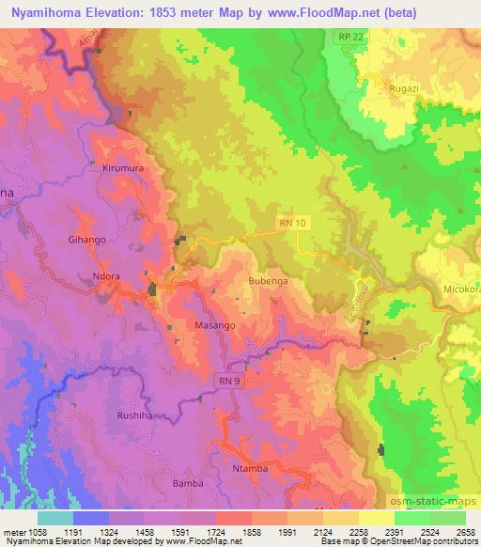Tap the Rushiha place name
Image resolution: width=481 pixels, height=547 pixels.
(x=134, y=414)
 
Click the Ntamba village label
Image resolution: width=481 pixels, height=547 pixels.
(x=250, y=467)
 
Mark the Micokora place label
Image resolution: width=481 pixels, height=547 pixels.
(x=462, y=289)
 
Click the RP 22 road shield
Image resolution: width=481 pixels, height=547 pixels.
(x=350, y=35)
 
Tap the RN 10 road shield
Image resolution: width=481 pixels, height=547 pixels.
(x=293, y=223)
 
